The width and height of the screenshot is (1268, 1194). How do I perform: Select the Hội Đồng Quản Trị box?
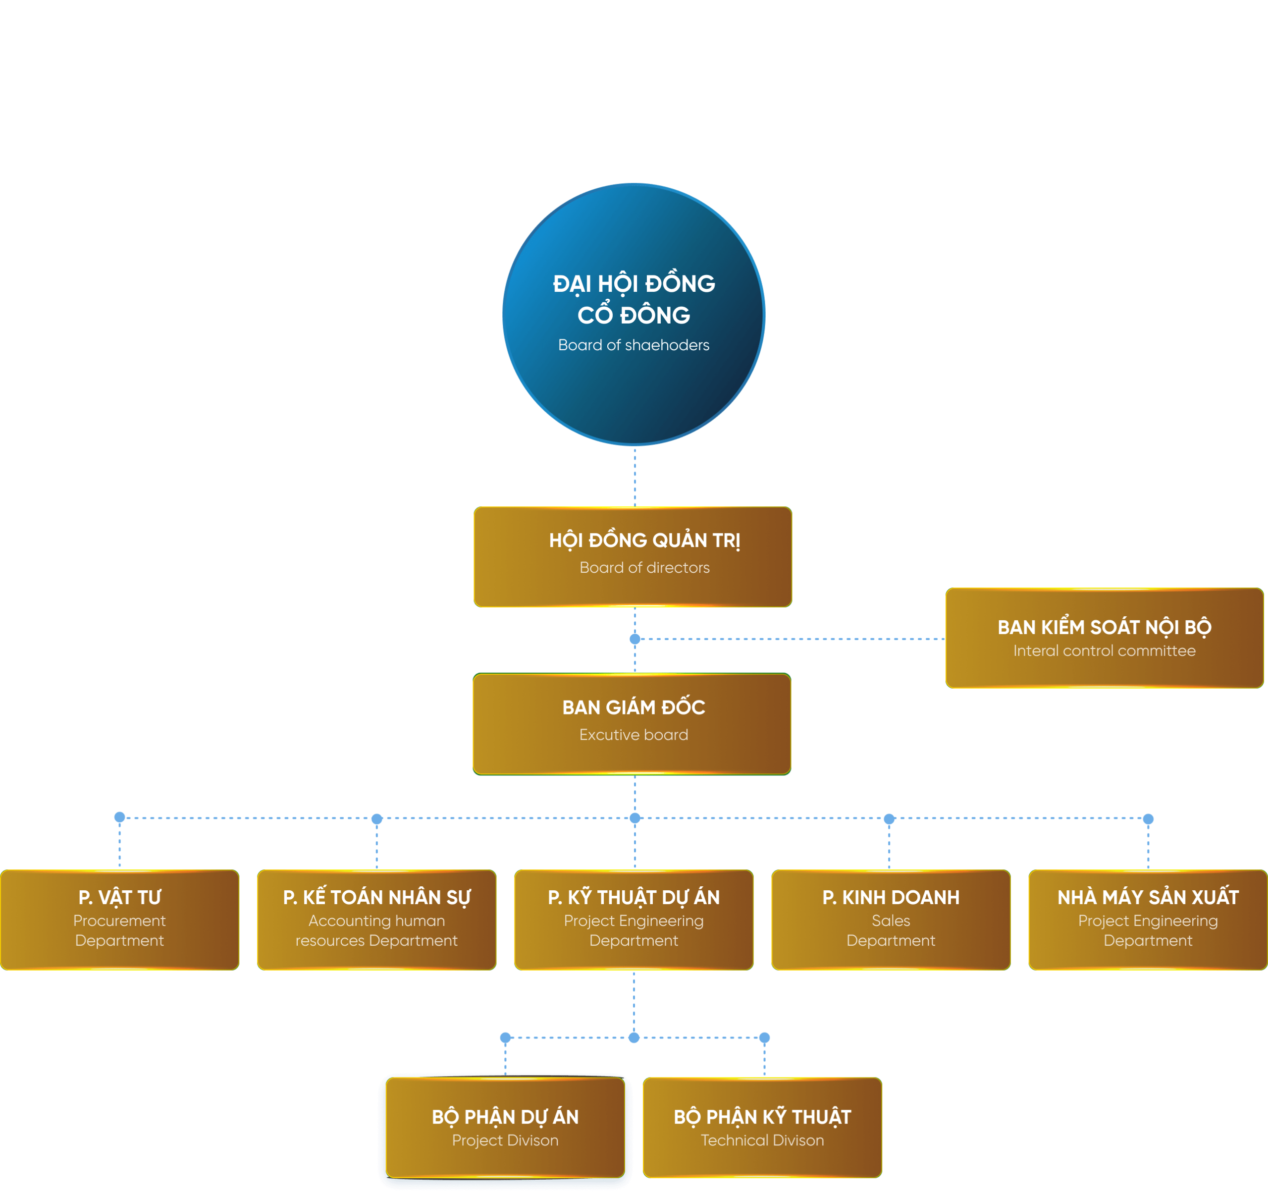pos(633,556)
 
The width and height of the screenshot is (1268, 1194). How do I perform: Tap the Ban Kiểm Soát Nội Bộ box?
pos(1104,638)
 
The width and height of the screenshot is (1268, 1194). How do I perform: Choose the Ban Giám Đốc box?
pos(632,724)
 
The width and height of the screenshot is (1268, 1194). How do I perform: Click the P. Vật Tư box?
pos(120,920)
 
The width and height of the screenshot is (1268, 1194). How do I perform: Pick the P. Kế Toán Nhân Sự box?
pos(376,920)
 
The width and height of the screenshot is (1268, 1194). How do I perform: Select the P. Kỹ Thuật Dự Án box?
pos(634,920)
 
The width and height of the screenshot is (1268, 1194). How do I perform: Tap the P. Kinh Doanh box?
pos(891,920)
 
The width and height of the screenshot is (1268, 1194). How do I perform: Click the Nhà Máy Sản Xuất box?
pos(1148,920)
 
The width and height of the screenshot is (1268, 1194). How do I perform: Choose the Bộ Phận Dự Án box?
pos(505,1127)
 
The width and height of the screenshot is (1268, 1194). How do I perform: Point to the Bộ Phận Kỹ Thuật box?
pos(762,1127)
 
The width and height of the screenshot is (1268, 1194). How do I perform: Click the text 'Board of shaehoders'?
pos(634,345)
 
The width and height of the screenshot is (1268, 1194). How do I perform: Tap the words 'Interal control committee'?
pos(1104,651)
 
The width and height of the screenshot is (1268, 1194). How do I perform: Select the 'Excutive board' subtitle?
pos(634,735)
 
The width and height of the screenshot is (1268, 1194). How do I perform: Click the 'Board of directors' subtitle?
pos(644,568)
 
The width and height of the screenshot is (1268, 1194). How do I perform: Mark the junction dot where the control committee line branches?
pos(634,639)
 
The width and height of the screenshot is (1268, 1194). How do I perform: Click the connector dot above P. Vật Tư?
pos(119,817)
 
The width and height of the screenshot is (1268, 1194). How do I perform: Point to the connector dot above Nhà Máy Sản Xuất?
pos(1148,818)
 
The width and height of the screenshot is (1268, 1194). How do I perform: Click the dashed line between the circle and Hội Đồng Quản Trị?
pos(634,476)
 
